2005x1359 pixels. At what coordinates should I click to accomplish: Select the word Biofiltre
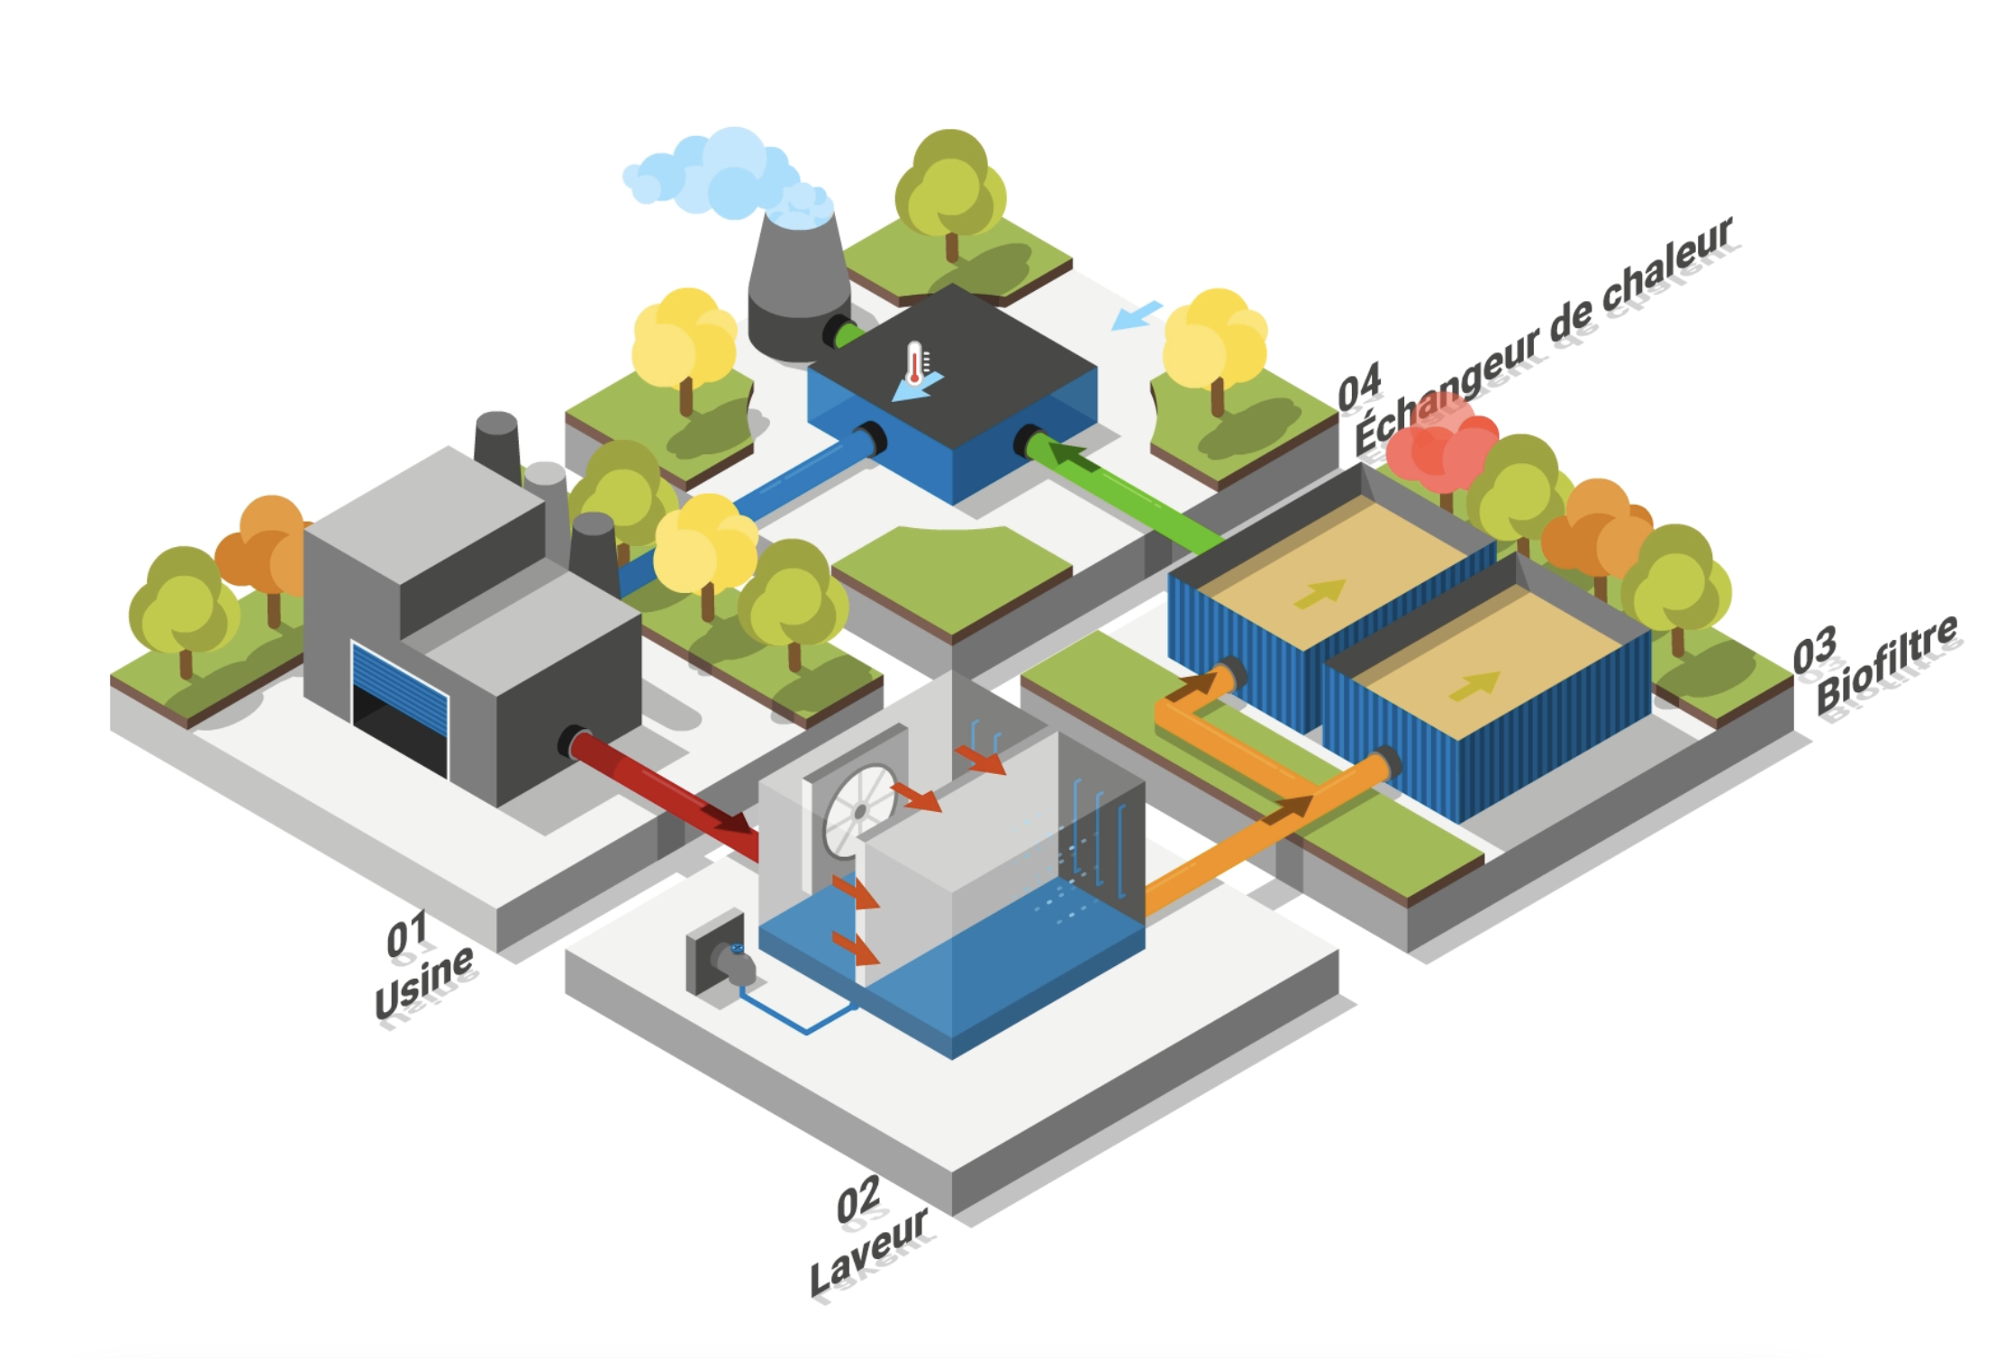click(x=1887, y=664)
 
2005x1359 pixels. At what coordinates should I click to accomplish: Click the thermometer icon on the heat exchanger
click(x=915, y=362)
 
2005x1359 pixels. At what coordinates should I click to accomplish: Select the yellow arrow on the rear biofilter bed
click(x=1320, y=592)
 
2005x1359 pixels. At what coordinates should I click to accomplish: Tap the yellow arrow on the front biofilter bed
click(x=1475, y=686)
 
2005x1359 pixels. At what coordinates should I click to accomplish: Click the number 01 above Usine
click(x=406, y=936)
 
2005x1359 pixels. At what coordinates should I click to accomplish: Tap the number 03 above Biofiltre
click(x=1814, y=651)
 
